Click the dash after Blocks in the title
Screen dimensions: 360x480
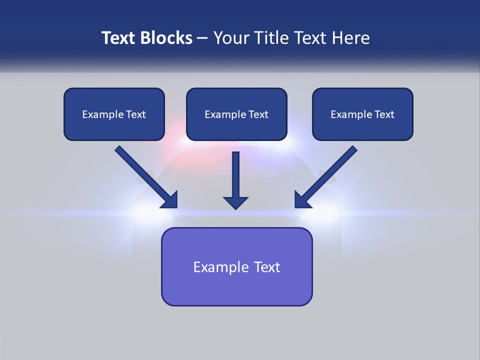tap(202, 38)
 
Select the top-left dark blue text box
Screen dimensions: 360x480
tap(114, 114)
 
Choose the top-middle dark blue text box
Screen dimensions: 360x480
tap(236, 114)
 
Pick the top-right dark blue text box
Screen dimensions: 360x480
tap(362, 114)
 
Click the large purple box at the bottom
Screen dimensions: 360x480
tap(236, 266)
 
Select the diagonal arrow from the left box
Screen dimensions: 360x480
tap(145, 176)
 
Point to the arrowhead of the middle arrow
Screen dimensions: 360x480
tap(235, 202)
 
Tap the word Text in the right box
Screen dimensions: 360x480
tap(384, 114)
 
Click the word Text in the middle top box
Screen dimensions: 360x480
tap(258, 114)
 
